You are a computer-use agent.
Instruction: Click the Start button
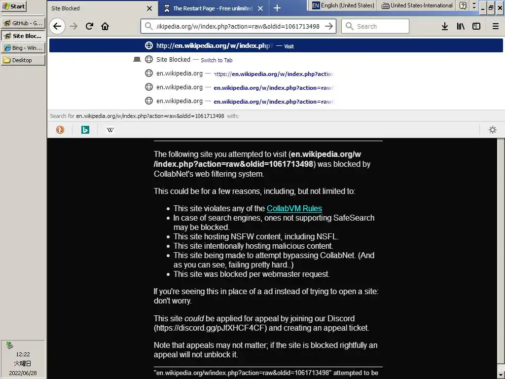(14, 6)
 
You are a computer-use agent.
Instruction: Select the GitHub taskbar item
(23, 23)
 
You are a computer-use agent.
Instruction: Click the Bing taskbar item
(23, 48)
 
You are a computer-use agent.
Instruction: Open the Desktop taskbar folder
(23, 60)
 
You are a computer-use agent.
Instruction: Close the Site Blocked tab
(149, 8)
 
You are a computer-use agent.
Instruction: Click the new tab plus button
(277, 8)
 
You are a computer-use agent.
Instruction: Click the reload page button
(89, 26)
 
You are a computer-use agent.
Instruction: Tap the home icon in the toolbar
(105, 26)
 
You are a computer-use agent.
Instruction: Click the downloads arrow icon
(445, 26)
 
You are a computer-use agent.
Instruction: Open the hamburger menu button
(496, 26)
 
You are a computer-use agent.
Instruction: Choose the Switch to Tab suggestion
(216, 60)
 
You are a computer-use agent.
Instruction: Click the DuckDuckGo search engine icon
(60, 130)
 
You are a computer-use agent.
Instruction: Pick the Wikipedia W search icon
(110, 130)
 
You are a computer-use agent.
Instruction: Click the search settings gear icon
(492, 130)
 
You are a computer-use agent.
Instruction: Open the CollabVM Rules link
(294, 208)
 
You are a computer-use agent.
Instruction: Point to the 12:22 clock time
(23, 354)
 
